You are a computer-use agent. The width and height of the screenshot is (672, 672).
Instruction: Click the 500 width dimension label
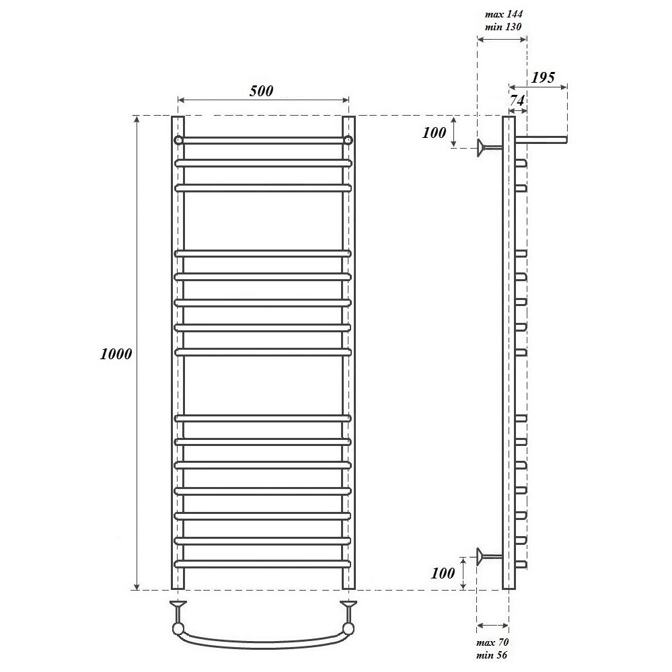pos(261,91)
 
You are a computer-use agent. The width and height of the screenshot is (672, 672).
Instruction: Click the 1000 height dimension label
pos(116,354)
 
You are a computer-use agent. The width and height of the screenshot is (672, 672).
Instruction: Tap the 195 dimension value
pos(543,77)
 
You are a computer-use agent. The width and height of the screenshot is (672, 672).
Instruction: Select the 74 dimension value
pos(517,101)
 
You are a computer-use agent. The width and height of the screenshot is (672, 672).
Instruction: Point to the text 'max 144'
pos(504,14)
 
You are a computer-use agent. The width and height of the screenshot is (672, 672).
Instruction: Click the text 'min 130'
pos(503,27)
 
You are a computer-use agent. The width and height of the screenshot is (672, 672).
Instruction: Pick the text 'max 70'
pos(492,642)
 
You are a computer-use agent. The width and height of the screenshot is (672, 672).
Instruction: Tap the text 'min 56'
pos(492,655)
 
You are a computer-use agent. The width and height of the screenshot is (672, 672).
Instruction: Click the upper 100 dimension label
pos(434,133)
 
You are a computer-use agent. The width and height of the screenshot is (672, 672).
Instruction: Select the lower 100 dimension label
pos(443,573)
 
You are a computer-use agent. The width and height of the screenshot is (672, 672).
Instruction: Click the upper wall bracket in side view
pos(490,148)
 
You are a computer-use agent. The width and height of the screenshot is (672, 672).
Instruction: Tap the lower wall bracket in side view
pos(490,557)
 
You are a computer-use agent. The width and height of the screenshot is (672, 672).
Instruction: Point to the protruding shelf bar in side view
pos(541,139)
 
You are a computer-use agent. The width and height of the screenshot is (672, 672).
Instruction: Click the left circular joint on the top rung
pos(178,140)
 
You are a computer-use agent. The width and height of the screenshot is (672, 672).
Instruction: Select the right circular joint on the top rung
pos(348,140)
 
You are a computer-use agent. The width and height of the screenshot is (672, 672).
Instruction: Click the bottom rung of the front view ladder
pos(263,564)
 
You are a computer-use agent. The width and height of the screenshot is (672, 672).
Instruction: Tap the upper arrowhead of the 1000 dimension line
pos(137,118)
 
